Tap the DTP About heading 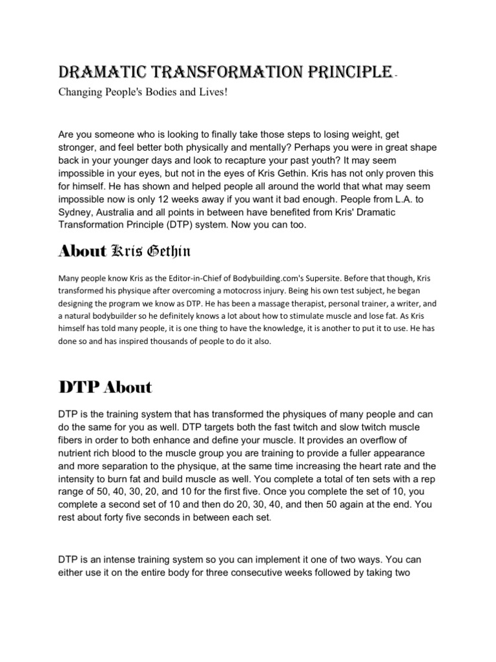pyautogui.click(x=105, y=388)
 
